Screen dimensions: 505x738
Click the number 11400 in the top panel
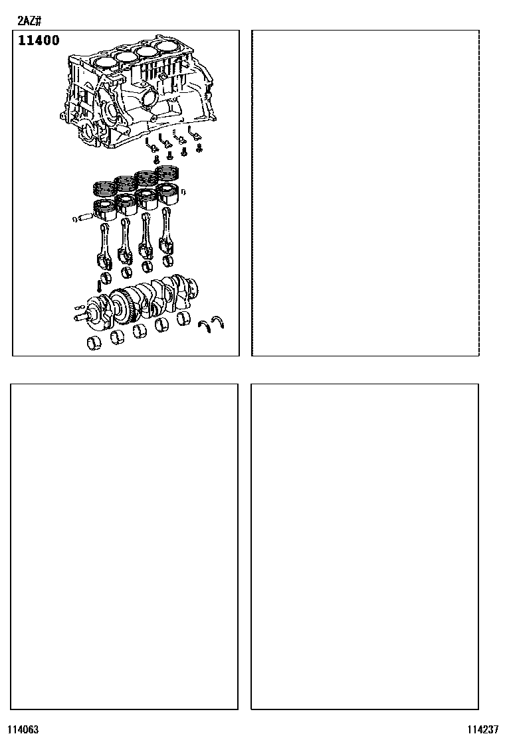click(39, 40)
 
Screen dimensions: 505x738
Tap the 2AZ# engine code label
click(29, 21)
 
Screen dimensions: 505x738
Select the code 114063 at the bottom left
click(23, 729)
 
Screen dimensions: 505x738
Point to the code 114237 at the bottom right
click(483, 729)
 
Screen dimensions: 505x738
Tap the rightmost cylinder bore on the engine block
click(170, 47)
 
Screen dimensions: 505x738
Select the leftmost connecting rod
click(104, 246)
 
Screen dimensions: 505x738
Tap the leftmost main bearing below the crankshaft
click(94, 343)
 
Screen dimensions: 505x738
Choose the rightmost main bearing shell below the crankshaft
click(184, 319)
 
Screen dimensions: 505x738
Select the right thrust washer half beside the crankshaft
click(218, 322)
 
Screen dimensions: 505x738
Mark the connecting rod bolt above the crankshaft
click(99, 285)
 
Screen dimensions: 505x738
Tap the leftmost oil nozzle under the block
click(149, 144)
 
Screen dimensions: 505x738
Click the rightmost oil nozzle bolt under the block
click(199, 148)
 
